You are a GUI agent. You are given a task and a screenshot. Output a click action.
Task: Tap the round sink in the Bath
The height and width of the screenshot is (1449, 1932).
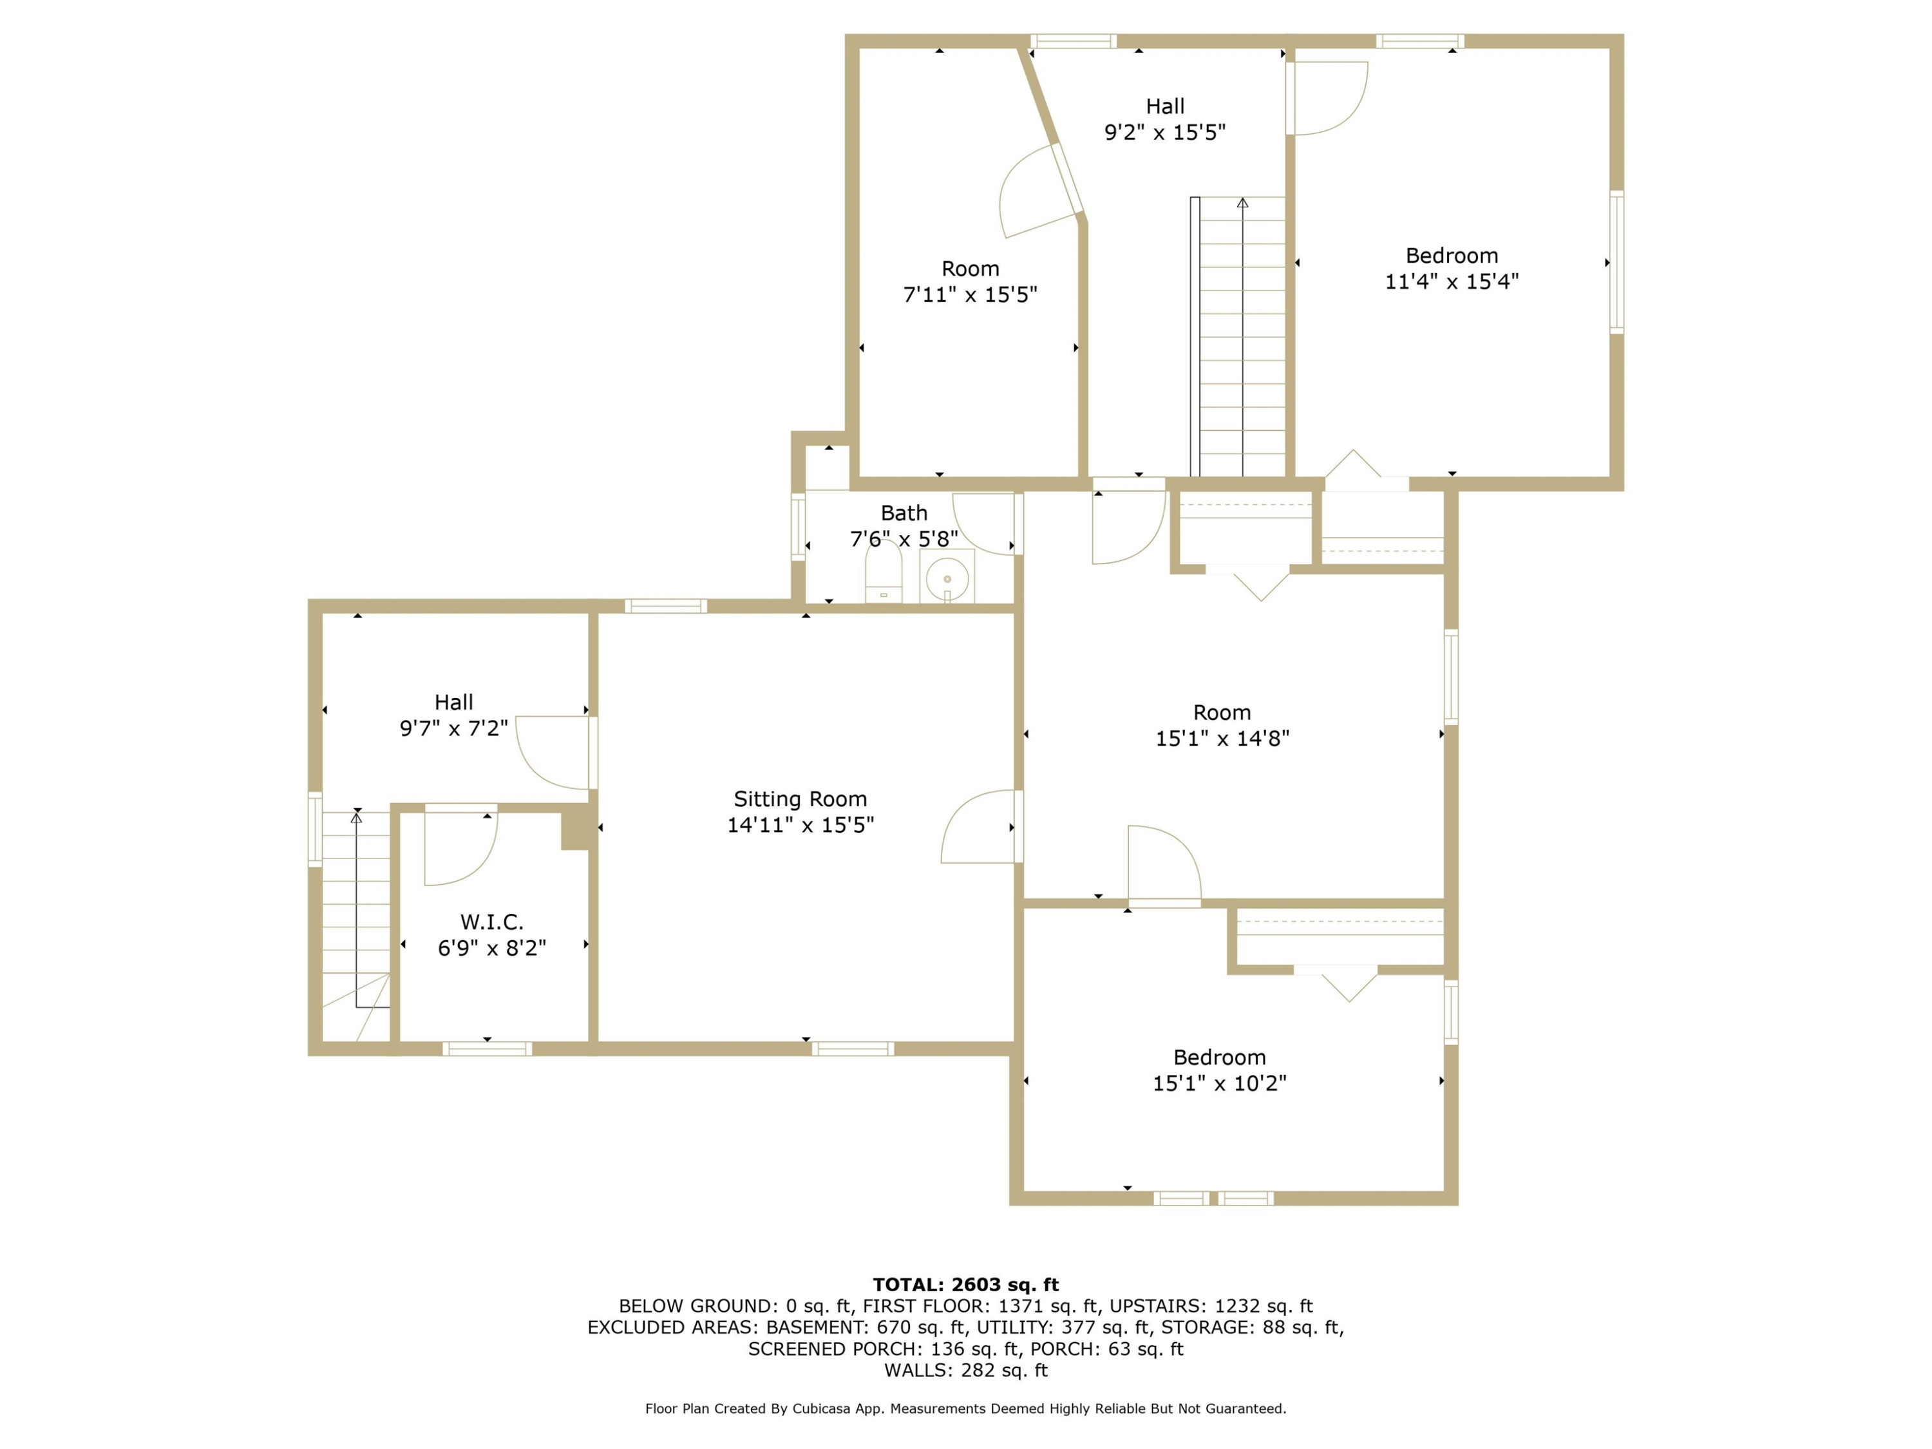coord(947,578)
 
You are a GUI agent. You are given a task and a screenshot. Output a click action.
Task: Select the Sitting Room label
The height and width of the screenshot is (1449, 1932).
coord(800,799)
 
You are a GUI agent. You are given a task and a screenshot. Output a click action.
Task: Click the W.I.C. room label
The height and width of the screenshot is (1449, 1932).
coord(492,922)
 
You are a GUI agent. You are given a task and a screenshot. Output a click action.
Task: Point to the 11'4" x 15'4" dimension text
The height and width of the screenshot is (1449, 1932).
coord(1452,281)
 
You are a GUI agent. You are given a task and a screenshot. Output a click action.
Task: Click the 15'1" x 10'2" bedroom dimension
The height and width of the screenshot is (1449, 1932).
coord(1219,1083)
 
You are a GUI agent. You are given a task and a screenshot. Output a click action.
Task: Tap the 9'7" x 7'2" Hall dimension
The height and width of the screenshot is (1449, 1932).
coord(453,728)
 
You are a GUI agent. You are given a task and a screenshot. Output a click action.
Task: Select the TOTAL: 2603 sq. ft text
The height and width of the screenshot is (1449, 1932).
coord(965,1284)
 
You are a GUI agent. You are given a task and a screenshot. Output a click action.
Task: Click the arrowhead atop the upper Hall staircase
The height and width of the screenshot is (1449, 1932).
coord(1242,203)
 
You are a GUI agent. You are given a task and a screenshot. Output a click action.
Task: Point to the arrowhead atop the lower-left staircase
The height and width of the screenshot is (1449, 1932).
coord(356,817)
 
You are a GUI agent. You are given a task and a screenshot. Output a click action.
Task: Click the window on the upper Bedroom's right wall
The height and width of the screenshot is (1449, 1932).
coord(1616,262)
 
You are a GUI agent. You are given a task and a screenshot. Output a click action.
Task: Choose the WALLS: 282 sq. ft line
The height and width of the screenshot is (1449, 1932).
coord(965,1370)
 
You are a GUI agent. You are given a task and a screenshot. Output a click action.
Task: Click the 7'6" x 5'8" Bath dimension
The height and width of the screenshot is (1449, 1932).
coord(904,539)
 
